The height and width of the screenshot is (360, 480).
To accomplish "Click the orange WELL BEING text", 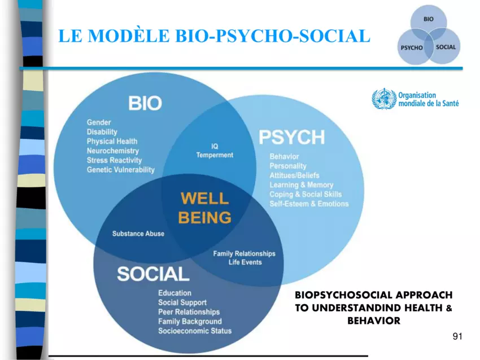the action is coord(205,208).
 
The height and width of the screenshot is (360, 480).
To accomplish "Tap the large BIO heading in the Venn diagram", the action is coord(145,103).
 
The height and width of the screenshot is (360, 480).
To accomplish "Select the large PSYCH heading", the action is coord(292,137).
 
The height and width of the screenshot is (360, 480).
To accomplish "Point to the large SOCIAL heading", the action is coord(153,274).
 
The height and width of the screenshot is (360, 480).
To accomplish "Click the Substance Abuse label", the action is coord(138,234).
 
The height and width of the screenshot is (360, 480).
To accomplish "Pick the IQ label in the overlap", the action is coord(215,147).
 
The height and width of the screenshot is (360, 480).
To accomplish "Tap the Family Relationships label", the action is coord(245,253).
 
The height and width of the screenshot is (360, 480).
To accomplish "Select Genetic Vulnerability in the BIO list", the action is coord(121,170).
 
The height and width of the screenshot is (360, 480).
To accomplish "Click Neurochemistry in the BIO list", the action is coord(112,151).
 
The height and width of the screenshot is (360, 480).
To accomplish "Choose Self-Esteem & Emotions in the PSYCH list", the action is coord(309,204).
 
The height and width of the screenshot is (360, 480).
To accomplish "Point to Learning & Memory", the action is coord(301,185).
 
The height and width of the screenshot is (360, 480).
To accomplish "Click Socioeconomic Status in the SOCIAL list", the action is coord(195,331).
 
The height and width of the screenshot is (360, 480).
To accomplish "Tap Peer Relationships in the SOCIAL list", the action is coord(189,312).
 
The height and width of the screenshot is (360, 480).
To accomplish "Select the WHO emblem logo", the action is coord(384,99).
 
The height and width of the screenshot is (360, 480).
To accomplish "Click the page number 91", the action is coord(457,336).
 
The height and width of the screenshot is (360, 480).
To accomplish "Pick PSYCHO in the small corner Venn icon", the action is coord(412,48).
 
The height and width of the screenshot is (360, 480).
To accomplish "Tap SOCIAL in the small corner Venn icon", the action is coord(446,47).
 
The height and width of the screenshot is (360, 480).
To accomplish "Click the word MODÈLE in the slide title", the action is coord(129,35).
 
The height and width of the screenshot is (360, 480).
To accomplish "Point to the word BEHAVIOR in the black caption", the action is coord(374,321).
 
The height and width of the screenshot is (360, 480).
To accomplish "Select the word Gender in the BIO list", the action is coord(99,122).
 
